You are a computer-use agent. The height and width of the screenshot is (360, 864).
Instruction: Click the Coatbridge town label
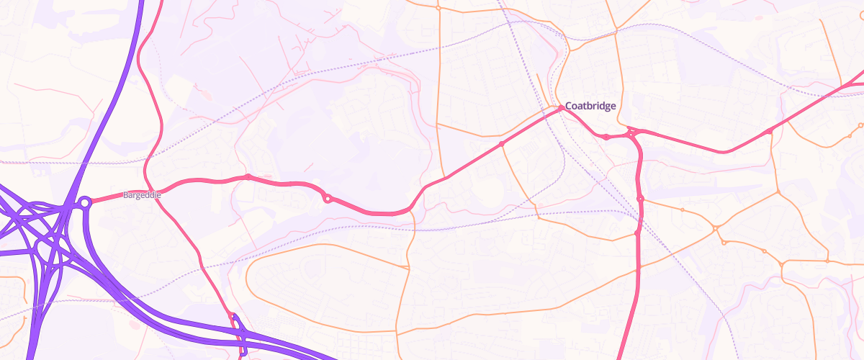[590, 106]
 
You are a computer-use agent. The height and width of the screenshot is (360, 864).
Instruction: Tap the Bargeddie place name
[141, 195]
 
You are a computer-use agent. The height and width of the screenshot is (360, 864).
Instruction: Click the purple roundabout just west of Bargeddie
[85, 203]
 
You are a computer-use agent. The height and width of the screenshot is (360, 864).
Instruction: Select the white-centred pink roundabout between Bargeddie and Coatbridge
[328, 198]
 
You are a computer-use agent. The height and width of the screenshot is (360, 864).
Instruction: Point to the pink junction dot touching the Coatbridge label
[561, 108]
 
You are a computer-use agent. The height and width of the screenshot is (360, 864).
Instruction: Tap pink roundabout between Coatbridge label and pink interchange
[607, 136]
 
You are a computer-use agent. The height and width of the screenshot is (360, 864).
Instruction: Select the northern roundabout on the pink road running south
[640, 199]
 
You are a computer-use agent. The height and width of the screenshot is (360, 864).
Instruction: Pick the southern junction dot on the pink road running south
[638, 232]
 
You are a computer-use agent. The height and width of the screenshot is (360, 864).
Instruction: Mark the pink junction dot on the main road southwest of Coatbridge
[502, 144]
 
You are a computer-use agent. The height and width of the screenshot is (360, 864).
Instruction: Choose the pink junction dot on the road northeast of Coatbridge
[770, 131]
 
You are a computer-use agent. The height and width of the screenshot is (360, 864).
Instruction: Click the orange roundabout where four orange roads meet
[716, 229]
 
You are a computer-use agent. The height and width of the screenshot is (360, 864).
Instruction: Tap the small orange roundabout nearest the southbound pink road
[682, 210]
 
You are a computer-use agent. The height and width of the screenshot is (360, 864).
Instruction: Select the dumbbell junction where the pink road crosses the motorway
[238, 333]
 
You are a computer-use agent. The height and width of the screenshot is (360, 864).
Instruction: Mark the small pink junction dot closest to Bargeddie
[248, 176]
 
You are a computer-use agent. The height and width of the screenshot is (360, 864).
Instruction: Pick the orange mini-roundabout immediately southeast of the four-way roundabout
[724, 242]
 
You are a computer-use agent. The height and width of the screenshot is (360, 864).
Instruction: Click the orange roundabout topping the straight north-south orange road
[438, 9]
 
